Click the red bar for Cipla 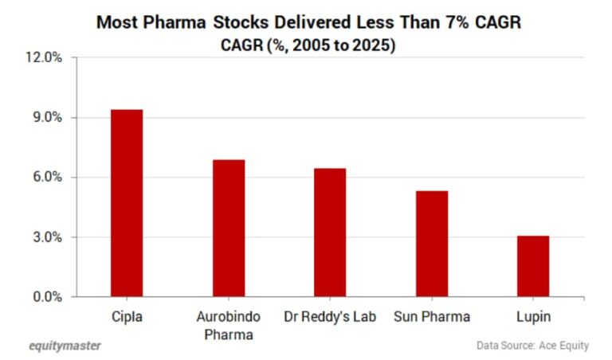[x=127, y=203]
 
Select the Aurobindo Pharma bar [x=229, y=228]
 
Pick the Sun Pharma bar [x=432, y=244]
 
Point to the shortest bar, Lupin [x=533, y=266]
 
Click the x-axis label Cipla [x=127, y=316]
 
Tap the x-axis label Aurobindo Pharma [x=229, y=325]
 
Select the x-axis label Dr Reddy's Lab [x=331, y=316]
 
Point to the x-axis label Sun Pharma [x=432, y=316]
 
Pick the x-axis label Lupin [x=533, y=316]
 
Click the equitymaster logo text [x=65, y=346]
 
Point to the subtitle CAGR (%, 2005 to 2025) [x=308, y=45]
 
